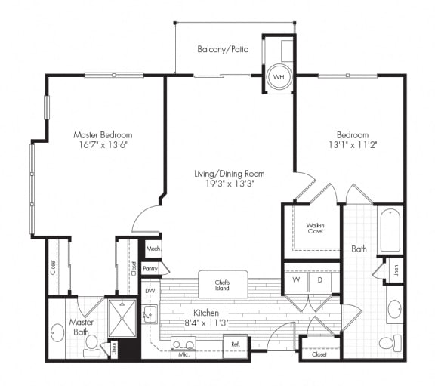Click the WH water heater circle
tap(278, 77)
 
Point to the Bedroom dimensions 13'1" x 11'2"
tap(352, 145)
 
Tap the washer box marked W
tap(295, 279)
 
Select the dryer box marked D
tap(319, 279)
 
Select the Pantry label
tap(151, 268)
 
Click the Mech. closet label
tap(152, 248)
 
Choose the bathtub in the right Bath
tap(390, 229)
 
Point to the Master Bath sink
tap(57, 333)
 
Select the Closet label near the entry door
tap(319, 353)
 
